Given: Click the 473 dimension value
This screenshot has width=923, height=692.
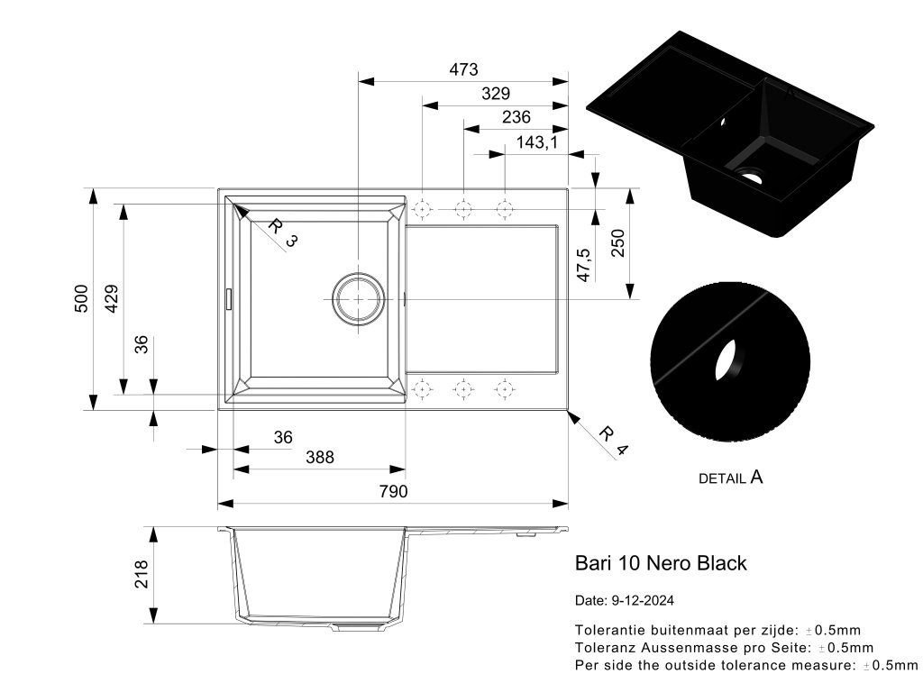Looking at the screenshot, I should tap(462, 69).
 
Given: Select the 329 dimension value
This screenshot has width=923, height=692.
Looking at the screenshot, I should tap(496, 93).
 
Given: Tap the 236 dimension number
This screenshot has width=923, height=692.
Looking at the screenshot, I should tap(516, 117).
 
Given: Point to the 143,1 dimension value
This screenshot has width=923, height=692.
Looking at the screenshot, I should tap(538, 142).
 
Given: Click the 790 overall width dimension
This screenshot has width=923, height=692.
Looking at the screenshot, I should tap(393, 491).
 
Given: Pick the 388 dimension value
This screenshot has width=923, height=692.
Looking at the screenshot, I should tap(319, 458).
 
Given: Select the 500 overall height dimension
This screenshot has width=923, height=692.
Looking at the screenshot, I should tap(80, 298).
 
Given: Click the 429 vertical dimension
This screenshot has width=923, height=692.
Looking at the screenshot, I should tap(111, 298).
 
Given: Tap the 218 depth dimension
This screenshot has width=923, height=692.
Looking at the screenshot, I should tap(142, 574).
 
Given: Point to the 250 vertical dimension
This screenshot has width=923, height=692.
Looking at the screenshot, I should tap(618, 242).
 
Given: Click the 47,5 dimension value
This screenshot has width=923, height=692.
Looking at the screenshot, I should tap(583, 265).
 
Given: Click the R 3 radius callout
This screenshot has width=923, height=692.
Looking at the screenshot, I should tap(282, 232).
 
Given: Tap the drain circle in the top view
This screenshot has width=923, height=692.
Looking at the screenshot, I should tap(358, 298).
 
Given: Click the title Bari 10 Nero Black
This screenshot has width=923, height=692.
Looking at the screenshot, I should tap(661, 563).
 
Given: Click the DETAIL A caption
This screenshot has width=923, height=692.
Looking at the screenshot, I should tap(730, 478).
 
